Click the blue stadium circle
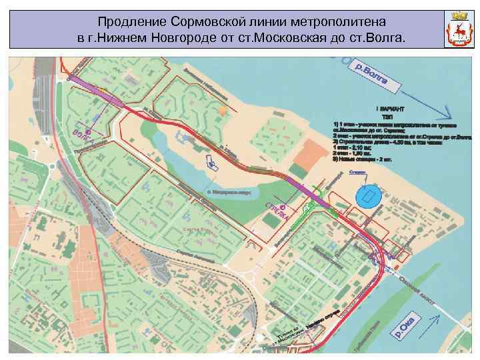(367, 196)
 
